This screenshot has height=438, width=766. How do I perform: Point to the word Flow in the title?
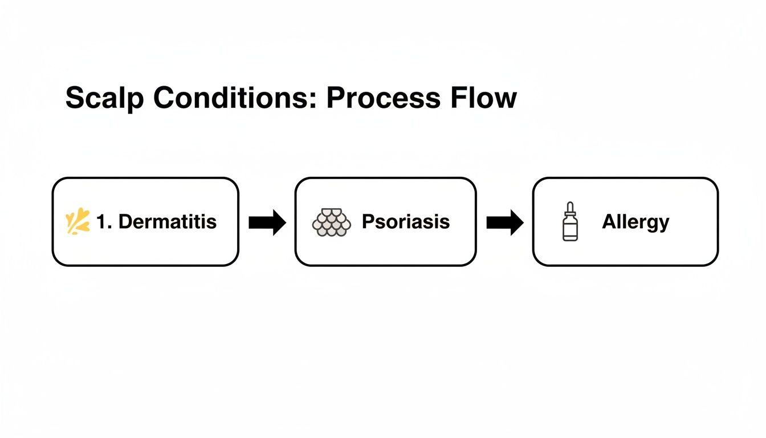point(484,98)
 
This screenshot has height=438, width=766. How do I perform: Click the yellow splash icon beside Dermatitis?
point(78,222)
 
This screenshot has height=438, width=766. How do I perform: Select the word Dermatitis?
point(168,222)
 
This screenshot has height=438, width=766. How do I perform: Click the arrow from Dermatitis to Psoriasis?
point(267,222)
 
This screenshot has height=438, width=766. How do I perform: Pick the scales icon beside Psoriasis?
point(331,222)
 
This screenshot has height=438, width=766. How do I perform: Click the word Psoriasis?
point(406,221)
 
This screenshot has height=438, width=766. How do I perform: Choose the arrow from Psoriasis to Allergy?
point(504,222)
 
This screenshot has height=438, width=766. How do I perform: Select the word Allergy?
point(635,222)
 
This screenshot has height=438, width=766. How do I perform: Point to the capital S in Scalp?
point(75,98)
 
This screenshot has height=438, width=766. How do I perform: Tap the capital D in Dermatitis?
point(124,222)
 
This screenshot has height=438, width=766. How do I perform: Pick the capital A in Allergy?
point(608,221)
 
